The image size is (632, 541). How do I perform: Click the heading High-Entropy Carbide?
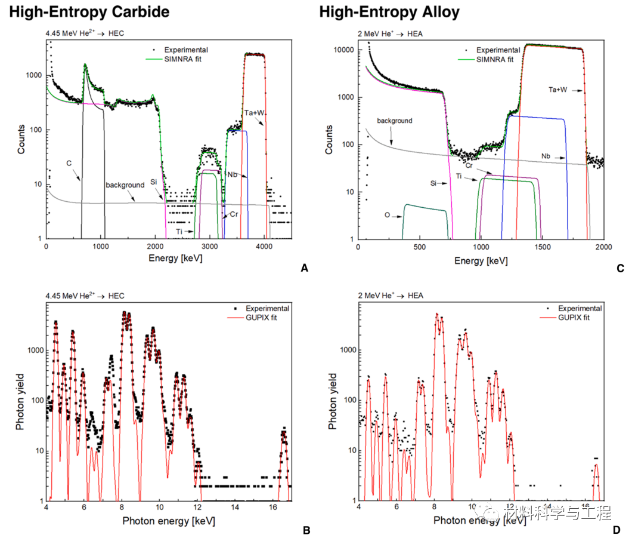tap(89, 11)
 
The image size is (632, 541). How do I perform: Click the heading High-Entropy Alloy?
tap(389, 11)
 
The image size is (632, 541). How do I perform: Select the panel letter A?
tap(305, 269)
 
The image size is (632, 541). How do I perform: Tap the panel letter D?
tap(616, 530)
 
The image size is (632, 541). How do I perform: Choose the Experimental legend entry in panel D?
tap(580, 308)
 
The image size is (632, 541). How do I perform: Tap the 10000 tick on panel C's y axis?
tap(342, 50)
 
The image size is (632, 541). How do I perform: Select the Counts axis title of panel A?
tap(22, 140)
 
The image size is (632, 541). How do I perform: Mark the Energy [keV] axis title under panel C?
tap(481, 261)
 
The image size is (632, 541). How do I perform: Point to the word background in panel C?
tap(394, 121)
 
